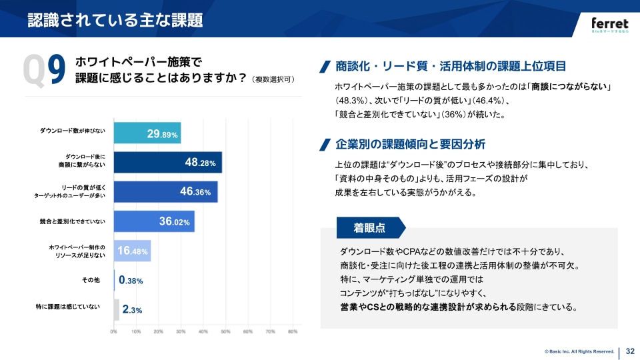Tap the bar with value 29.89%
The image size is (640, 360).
coord(147,133)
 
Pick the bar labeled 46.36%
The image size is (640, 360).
coord(166,191)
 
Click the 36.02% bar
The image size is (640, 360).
coord(154,221)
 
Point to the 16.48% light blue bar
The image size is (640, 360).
coord(133,251)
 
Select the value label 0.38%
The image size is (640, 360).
coord(131,281)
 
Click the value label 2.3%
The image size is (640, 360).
coord(132,310)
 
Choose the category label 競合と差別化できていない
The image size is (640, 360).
coord(73,221)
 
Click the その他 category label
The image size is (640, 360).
coord(90,281)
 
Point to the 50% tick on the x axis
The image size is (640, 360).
coord(225,331)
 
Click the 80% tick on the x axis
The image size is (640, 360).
coord(292,331)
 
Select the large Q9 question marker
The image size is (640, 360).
coord(45,71)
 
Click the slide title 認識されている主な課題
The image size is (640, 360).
coord(115,20)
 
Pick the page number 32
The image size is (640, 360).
coord(630,351)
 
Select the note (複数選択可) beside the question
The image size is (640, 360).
coord(273,79)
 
